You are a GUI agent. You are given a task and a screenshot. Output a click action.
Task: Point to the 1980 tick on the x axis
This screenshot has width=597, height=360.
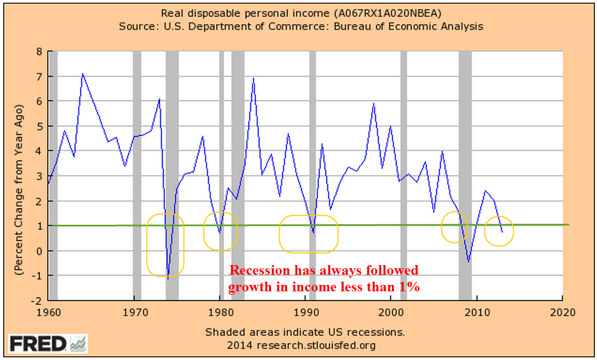(220, 311)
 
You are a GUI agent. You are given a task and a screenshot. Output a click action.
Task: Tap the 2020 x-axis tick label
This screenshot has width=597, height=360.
(562, 311)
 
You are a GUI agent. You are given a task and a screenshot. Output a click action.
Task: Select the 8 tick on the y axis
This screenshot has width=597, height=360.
(38, 52)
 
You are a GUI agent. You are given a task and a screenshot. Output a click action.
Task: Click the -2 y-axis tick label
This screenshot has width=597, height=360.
(37, 301)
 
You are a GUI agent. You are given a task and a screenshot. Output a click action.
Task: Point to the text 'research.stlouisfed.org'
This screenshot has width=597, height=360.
(317, 345)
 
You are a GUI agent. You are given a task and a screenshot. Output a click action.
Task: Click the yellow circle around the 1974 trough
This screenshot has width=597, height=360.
(166, 244)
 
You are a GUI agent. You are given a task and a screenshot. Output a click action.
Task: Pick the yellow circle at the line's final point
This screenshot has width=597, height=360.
(499, 231)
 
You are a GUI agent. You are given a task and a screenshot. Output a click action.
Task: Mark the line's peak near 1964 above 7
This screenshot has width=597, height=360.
(82, 74)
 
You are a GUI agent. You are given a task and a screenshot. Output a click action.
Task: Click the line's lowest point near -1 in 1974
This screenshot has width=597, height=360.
(168, 278)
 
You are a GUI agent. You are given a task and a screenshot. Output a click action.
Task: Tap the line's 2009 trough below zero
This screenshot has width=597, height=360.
(468, 262)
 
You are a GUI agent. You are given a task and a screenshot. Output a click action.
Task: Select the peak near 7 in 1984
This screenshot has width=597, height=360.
(253, 79)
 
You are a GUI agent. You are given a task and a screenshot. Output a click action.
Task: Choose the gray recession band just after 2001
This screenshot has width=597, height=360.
(404, 161)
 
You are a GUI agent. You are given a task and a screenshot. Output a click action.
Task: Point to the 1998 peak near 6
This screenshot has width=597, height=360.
(373, 104)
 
